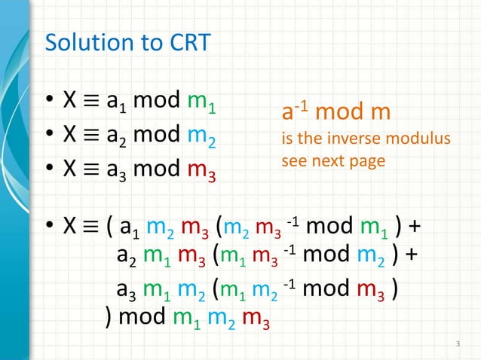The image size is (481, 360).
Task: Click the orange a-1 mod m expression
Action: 335,114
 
